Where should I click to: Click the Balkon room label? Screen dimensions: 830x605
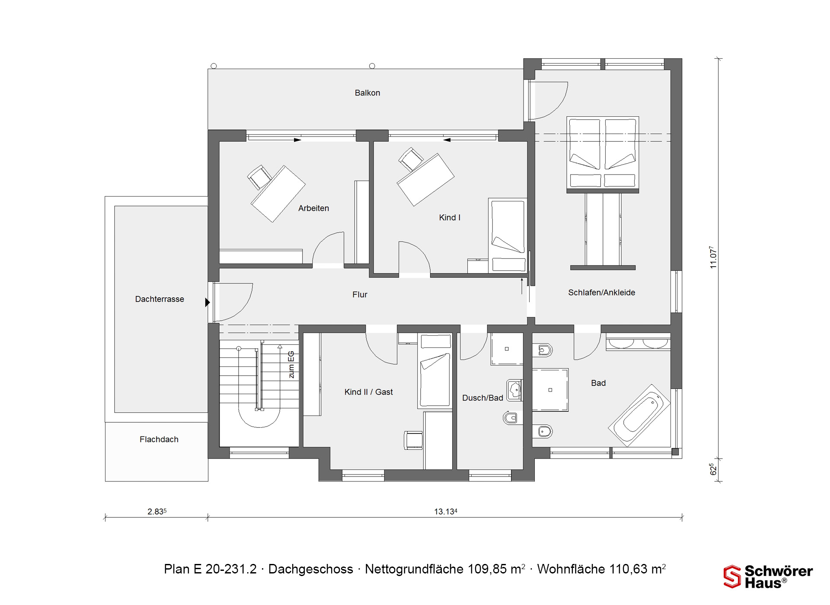(x=367, y=93)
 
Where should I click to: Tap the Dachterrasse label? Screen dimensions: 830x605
(x=160, y=299)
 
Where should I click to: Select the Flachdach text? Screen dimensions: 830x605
(x=159, y=439)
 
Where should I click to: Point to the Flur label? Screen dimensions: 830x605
(x=360, y=295)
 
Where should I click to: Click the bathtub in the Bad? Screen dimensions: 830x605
(x=639, y=415)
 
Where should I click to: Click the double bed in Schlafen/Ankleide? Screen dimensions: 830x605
(x=603, y=154)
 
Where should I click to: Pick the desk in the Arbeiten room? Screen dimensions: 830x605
(x=278, y=194)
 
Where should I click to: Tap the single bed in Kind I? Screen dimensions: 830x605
(x=508, y=236)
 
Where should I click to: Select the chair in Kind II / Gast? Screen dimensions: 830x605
(x=413, y=440)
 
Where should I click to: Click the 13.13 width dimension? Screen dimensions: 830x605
(x=446, y=512)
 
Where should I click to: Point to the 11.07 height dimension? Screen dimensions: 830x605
(x=713, y=258)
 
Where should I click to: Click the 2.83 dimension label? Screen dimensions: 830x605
(x=157, y=512)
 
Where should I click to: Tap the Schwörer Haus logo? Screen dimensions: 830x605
(x=768, y=577)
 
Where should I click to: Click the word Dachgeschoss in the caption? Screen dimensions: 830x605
(x=311, y=569)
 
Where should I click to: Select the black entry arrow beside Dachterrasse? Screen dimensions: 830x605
(x=207, y=302)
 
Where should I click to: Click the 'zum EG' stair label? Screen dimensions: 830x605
(x=291, y=365)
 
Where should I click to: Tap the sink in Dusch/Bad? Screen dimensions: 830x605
(x=514, y=390)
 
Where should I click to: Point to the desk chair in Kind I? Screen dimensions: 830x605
(x=410, y=159)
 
